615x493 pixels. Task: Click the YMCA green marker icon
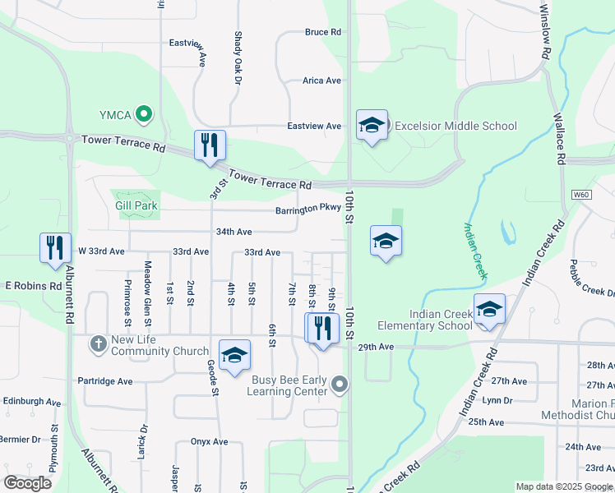point(144,113)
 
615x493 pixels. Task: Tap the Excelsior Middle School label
point(455,126)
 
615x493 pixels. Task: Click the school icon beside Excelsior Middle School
point(372,126)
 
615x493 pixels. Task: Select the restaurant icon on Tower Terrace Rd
point(209,145)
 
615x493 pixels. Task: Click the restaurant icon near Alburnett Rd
point(55,247)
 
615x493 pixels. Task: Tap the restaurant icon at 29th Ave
point(321,328)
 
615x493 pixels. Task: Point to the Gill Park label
point(136,205)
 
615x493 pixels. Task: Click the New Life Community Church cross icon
point(98,343)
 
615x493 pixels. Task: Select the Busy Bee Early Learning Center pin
point(340,384)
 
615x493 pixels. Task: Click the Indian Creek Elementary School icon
point(489,310)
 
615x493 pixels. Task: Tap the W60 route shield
point(581,195)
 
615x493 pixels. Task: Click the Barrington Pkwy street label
point(308,210)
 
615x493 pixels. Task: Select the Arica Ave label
point(321,81)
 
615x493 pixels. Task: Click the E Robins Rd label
point(34,286)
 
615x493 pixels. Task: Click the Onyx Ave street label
point(209,441)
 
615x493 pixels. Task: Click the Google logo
point(27,483)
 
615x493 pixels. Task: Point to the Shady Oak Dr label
point(238,58)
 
